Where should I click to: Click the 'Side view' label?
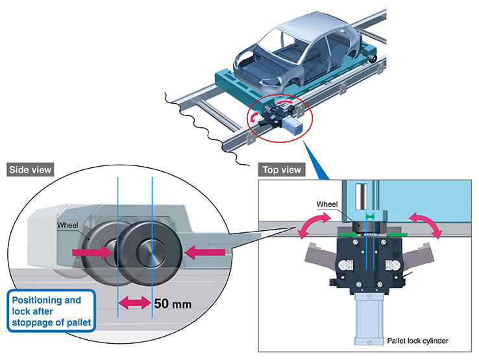[x=30, y=170]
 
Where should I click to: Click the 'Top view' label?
[x=282, y=170]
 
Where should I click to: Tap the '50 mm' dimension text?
[x=173, y=304]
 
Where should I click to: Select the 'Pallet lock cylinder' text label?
[x=417, y=341]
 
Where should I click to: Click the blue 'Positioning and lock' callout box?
[x=51, y=311]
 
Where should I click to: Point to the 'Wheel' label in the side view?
[x=68, y=225]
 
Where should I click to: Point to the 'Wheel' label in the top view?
[x=327, y=204]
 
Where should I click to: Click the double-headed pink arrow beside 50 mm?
[x=135, y=303]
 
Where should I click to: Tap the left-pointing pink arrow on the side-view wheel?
[x=204, y=252]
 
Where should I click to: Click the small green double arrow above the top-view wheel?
[x=370, y=217]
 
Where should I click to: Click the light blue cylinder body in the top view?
[x=369, y=319]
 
